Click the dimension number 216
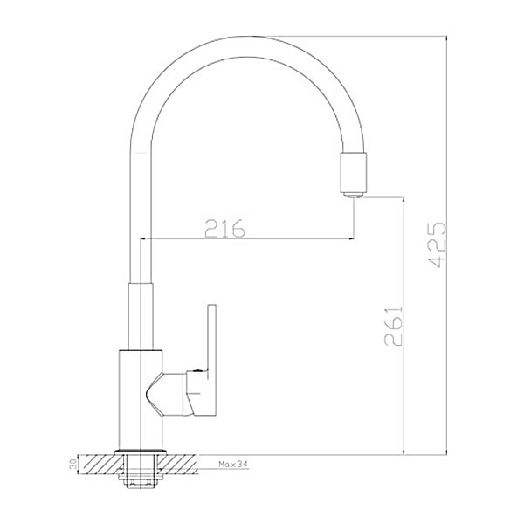225,229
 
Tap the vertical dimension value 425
437,245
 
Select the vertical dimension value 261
394,326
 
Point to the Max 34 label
233,465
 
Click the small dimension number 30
73,465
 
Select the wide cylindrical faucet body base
141,400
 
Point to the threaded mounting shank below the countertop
141,472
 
